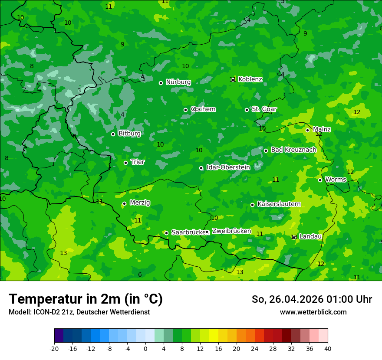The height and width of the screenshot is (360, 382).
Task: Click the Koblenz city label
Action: click(x=250, y=79)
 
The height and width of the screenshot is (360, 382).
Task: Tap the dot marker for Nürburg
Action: click(x=161, y=83)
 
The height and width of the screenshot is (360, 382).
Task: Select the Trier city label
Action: click(x=138, y=162)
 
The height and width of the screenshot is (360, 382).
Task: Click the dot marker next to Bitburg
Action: click(x=113, y=134)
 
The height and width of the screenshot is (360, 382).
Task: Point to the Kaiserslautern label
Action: click(x=279, y=204)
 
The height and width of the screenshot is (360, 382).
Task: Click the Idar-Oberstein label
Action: click(x=228, y=167)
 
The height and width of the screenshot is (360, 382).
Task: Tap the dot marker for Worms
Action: click(x=320, y=180)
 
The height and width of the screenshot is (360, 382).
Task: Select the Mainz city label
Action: click(x=322, y=130)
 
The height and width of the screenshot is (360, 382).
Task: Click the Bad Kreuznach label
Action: click(x=293, y=150)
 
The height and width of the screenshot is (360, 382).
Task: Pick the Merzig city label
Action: click(x=140, y=203)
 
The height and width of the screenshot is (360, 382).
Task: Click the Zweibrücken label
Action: click(x=231, y=231)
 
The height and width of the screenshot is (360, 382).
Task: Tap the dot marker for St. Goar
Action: click(x=247, y=110)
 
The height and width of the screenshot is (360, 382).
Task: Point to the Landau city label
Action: click(x=310, y=237)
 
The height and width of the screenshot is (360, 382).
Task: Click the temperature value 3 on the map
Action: click(x=79, y=90)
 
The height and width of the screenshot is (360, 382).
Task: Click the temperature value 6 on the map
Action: click(x=140, y=275)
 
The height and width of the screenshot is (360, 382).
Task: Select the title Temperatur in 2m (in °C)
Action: click(x=86, y=299)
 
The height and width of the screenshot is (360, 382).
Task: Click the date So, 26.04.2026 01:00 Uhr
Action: click(x=312, y=299)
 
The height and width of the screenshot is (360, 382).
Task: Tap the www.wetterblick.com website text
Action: click(x=313, y=312)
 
